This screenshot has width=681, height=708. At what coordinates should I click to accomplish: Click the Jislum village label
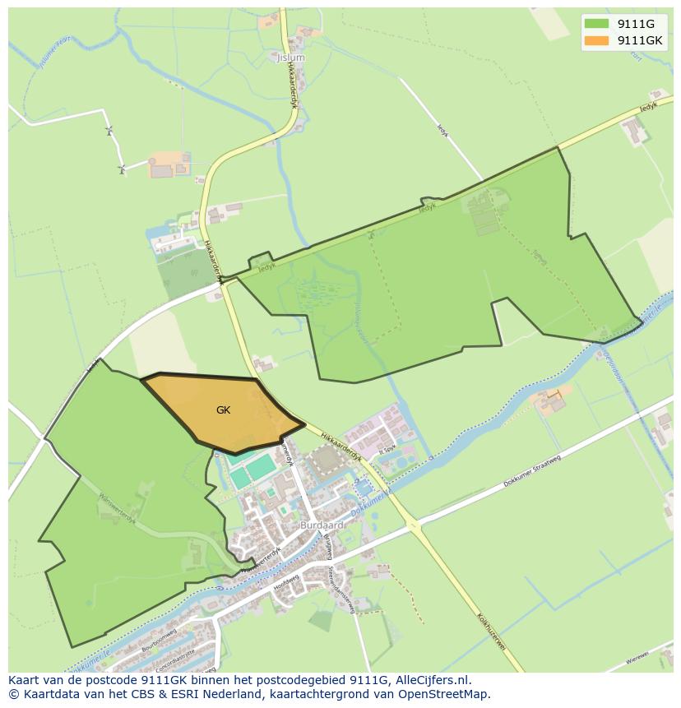point(290,58)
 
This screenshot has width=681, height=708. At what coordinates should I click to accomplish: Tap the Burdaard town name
point(322,525)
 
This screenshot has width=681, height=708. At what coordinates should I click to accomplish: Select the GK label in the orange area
point(224,410)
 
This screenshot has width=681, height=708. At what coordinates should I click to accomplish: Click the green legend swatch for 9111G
point(597,23)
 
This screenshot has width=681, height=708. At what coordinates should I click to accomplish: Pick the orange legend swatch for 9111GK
point(597,39)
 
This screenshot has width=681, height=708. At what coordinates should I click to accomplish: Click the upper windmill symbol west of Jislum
point(108,131)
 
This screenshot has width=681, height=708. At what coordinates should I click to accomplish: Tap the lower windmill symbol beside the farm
point(122,170)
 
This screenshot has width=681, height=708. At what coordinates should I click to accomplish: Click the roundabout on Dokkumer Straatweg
point(414,524)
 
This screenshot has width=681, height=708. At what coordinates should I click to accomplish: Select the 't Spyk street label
point(387,451)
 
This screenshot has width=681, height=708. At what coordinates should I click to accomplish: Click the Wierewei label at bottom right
point(637,659)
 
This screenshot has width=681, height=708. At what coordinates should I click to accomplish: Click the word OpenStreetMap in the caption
point(443,694)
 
